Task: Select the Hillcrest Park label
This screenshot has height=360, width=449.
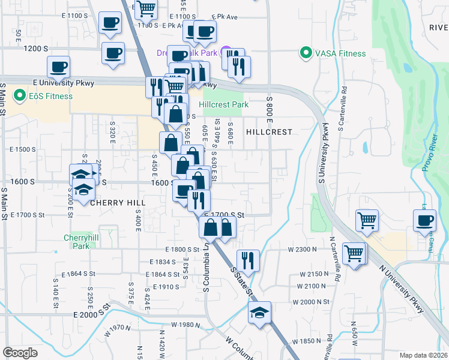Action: (223, 104)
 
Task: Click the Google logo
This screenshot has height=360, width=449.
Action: (20, 353)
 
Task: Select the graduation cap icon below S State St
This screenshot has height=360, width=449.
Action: (259, 313)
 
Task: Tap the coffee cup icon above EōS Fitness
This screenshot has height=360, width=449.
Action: (59, 67)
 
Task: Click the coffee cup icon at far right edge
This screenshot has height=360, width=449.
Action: (425, 220)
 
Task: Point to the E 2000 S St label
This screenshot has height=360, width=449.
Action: (92, 314)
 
